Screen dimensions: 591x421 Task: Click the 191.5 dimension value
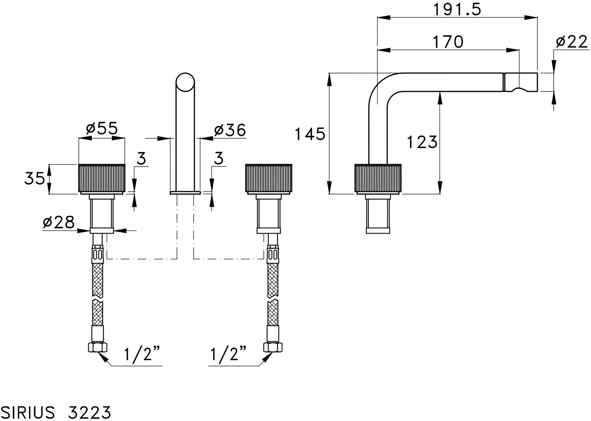point(457,9)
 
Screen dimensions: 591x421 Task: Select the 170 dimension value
point(448,42)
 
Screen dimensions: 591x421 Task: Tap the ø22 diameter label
point(572,42)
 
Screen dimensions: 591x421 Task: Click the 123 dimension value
point(422,142)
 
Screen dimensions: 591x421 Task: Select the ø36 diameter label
point(230,130)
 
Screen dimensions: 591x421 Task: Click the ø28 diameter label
point(59,222)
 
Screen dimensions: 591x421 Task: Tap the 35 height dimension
point(35,179)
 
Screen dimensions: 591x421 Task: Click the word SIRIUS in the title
point(27,412)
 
